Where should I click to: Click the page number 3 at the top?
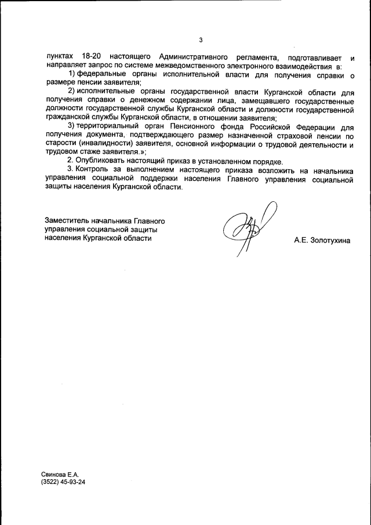pos(201,40)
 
